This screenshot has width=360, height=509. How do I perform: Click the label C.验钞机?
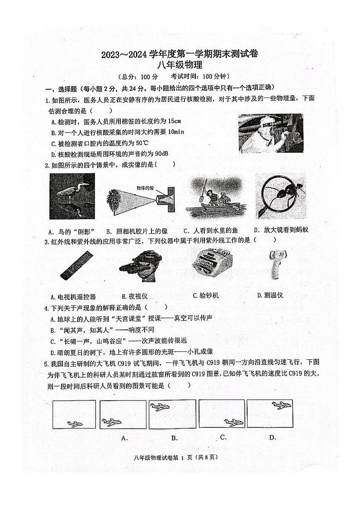[205, 296]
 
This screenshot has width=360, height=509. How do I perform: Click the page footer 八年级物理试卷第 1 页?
[180, 458]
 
